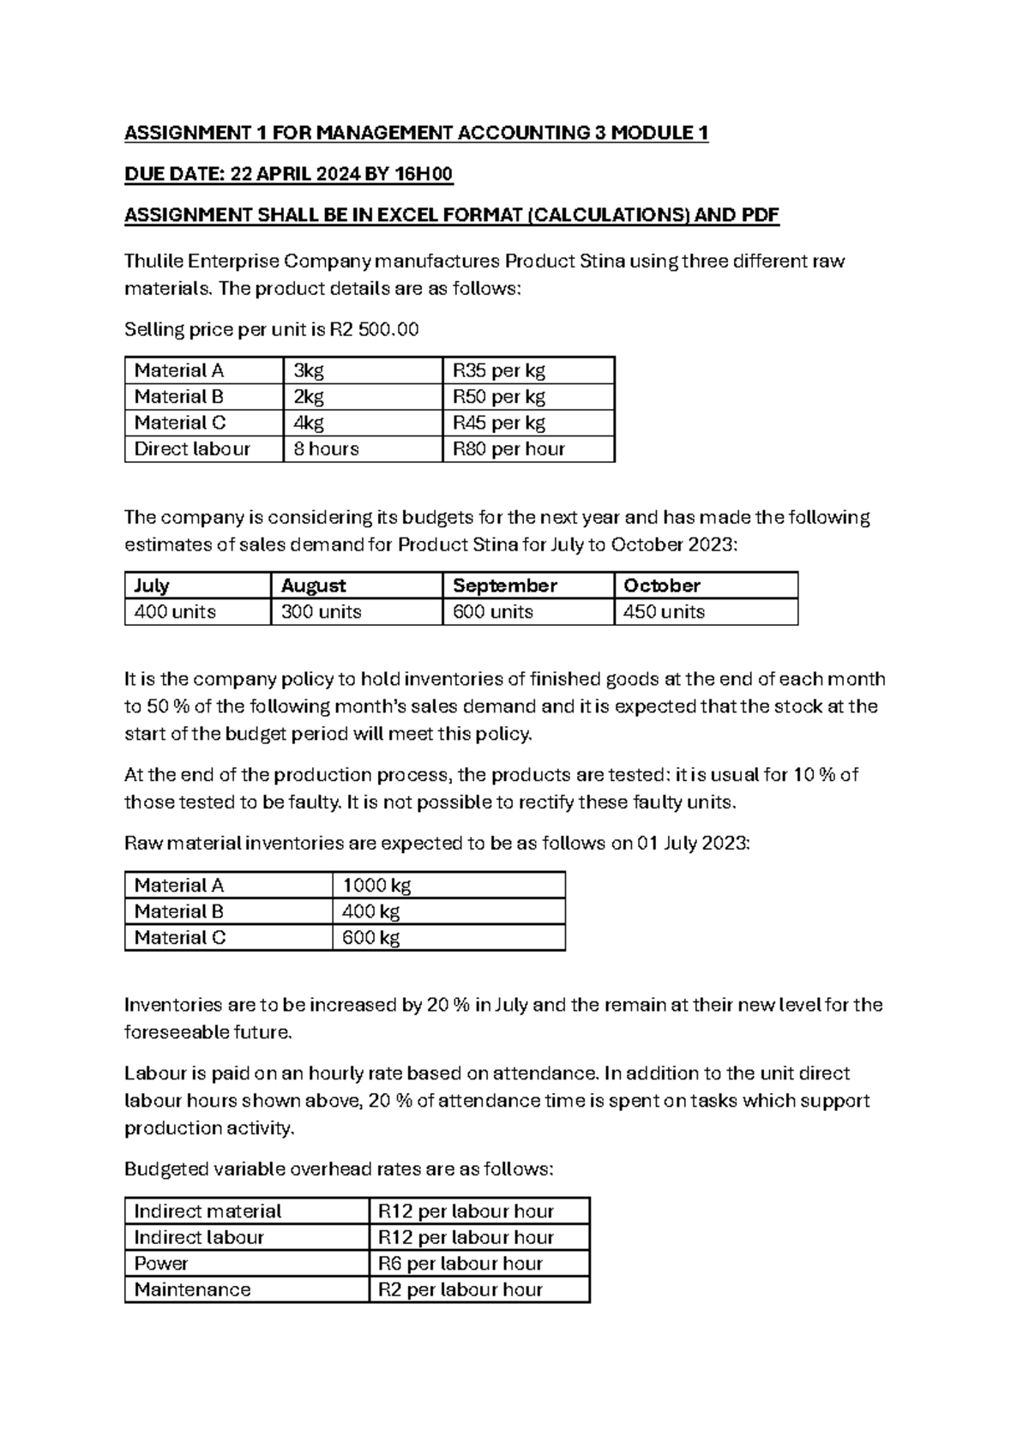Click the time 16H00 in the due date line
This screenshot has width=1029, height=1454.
[x=422, y=174]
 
